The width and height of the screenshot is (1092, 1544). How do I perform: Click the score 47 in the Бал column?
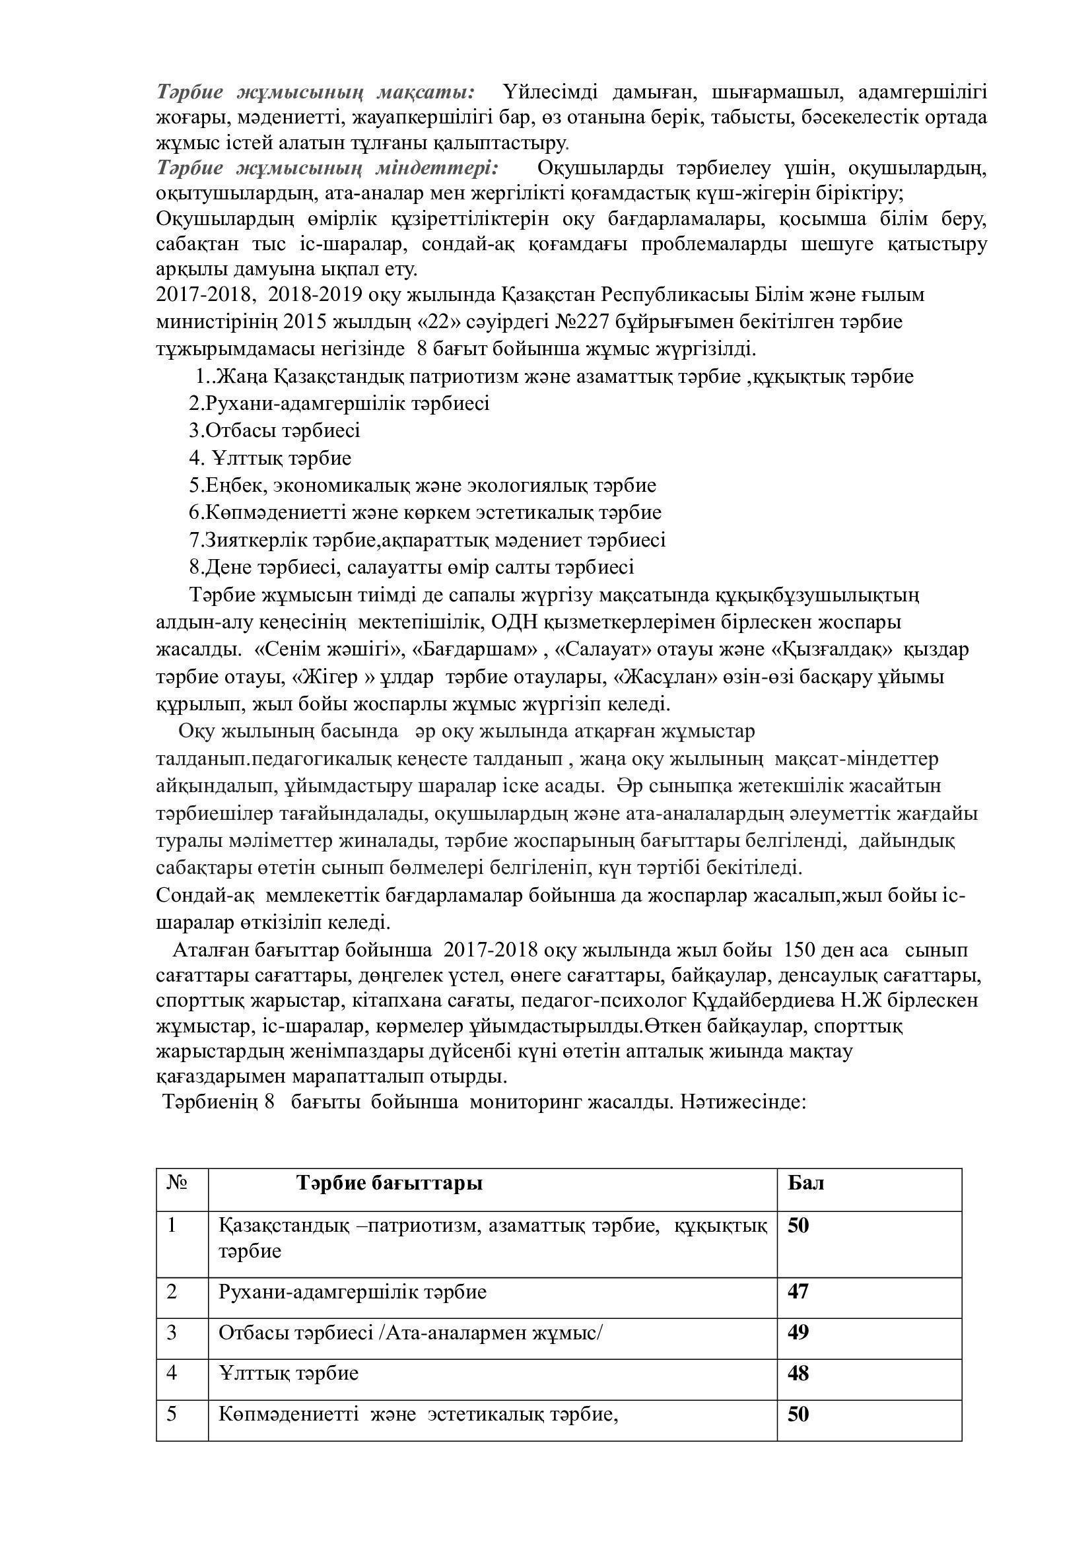point(798,1292)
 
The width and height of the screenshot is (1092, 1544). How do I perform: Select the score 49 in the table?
point(798,1331)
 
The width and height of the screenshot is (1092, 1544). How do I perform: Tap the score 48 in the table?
point(798,1372)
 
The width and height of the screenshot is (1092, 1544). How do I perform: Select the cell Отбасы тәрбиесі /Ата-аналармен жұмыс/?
point(410,1332)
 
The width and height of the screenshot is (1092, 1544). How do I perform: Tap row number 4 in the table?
point(172,1372)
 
